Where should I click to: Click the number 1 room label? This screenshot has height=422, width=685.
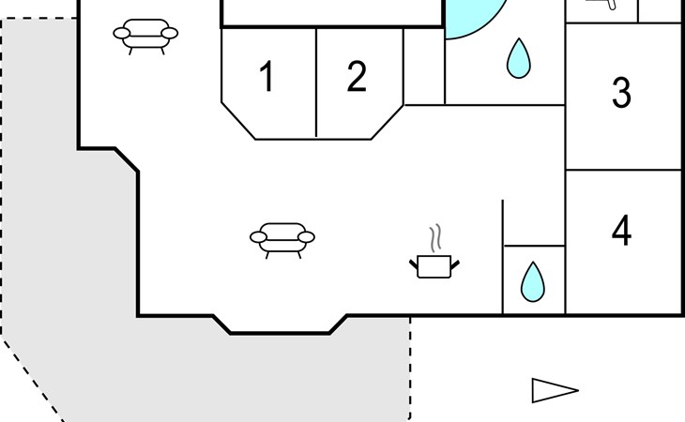point(267,77)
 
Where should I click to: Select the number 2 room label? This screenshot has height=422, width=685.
point(356,77)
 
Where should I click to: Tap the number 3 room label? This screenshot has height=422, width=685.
point(621,94)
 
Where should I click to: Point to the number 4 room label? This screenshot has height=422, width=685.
point(621,231)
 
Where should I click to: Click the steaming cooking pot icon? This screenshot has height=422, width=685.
point(434,265)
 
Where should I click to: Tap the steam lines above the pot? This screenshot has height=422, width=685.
point(434,235)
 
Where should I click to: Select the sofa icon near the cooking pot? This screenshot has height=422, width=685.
point(282,238)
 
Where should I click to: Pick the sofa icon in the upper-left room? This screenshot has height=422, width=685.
point(145,36)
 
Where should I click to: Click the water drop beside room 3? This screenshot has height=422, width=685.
point(517,58)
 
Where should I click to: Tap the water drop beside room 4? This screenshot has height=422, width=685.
point(533,279)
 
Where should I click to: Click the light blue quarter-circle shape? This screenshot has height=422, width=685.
point(469,17)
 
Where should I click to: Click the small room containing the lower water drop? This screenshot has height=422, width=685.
point(534,279)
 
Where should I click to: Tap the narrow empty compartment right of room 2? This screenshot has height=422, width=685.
point(423,66)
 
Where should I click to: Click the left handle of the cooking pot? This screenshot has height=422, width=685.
point(414,265)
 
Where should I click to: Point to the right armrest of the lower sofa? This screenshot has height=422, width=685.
point(308,237)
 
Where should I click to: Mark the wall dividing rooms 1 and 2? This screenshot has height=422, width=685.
point(316,83)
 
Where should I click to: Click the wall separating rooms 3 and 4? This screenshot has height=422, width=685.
point(623,170)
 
